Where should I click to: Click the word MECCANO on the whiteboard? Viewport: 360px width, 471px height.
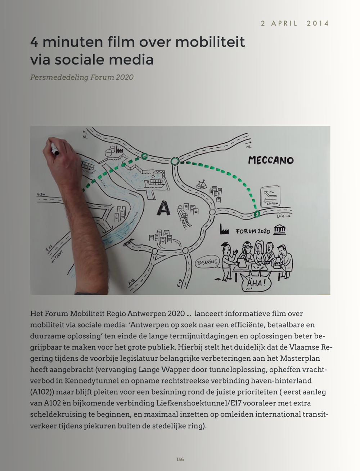click(x=271, y=160)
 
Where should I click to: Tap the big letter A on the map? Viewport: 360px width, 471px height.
click(x=164, y=208)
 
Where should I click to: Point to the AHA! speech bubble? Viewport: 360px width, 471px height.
click(x=256, y=283)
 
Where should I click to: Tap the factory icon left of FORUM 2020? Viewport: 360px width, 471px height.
click(x=225, y=230)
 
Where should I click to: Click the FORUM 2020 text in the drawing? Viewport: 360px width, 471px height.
click(x=253, y=231)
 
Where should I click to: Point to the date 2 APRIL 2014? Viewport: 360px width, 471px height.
click(x=295, y=23)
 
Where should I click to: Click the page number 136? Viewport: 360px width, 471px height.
click(x=180, y=459)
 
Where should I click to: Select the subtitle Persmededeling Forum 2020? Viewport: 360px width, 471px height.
click(x=82, y=77)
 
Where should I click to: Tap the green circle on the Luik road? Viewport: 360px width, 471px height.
click(x=257, y=214)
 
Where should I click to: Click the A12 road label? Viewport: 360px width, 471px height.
click(x=132, y=282)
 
